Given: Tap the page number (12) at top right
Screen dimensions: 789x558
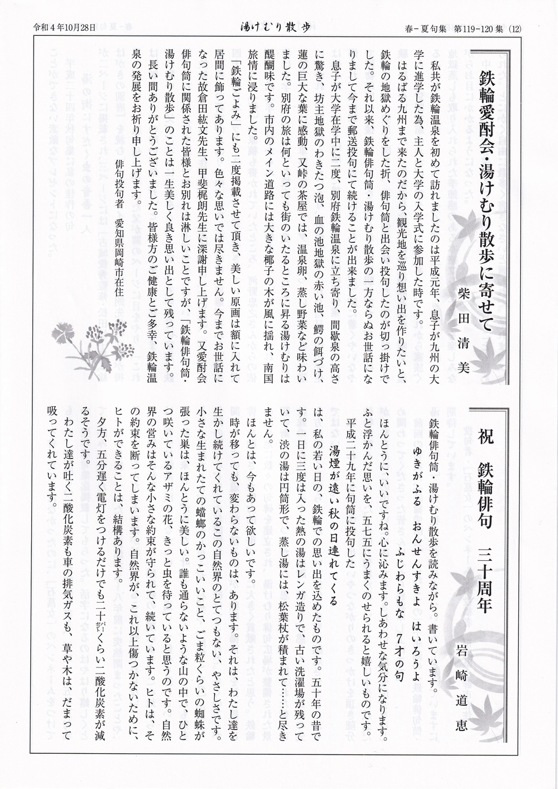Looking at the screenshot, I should coord(514,27).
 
